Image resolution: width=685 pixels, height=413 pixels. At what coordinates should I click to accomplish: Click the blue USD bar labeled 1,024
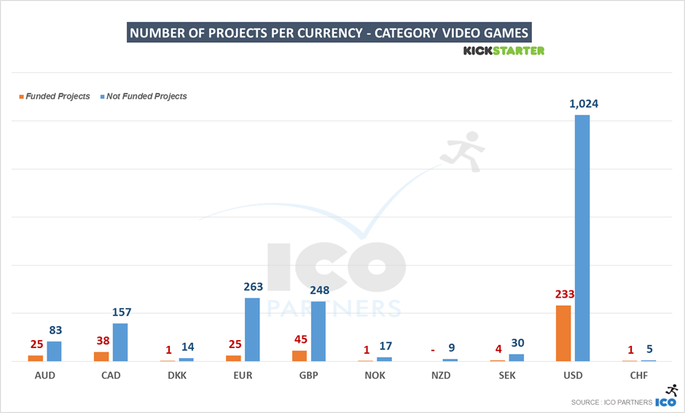[582, 238]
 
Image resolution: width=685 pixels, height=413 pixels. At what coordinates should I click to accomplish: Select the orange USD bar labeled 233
[563, 333]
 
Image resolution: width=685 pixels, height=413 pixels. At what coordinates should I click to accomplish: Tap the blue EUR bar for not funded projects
[252, 330]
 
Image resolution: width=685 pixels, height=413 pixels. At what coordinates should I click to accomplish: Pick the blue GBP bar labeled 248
[318, 331]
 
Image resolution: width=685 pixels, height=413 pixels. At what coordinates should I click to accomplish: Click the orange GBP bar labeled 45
[300, 356]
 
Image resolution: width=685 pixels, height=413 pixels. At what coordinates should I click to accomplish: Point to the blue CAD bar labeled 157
[120, 342]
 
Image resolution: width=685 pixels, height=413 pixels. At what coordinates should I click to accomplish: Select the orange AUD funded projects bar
[36, 358]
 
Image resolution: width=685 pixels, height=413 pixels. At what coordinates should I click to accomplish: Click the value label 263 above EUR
[253, 287]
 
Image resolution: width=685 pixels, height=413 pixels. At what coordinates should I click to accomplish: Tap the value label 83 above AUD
[55, 330]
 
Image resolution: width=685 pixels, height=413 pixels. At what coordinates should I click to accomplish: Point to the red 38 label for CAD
[101, 340]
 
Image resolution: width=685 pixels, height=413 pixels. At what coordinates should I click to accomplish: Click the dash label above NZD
[432, 350]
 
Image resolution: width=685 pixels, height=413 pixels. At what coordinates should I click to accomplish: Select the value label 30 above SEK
[517, 343]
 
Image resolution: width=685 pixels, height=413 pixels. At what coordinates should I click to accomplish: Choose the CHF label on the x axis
[638, 376]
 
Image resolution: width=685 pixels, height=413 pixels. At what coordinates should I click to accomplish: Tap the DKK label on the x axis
[176, 376]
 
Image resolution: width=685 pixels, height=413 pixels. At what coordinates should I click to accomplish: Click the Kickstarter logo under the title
[504, 50]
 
